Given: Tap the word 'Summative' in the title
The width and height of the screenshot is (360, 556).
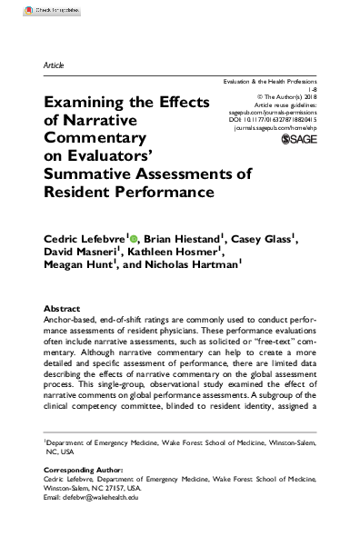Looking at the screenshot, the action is pos(95,175).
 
